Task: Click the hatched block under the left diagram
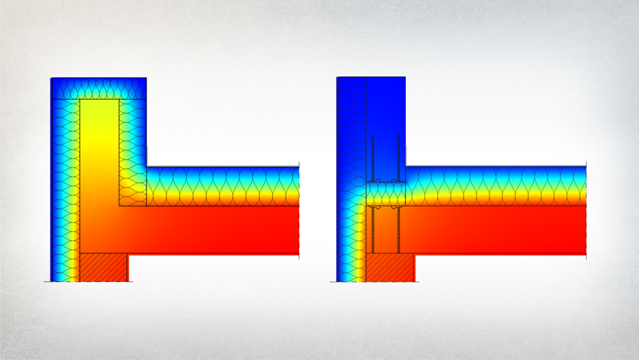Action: (x=103, y=267)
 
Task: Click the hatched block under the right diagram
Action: (x=390, y=267)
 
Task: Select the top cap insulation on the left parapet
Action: (x=99, y=89)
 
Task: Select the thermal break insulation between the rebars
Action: (x=386, y=193)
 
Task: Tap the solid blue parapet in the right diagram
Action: (x=386, y=112)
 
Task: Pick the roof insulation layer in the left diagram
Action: (x=224, y=186)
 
